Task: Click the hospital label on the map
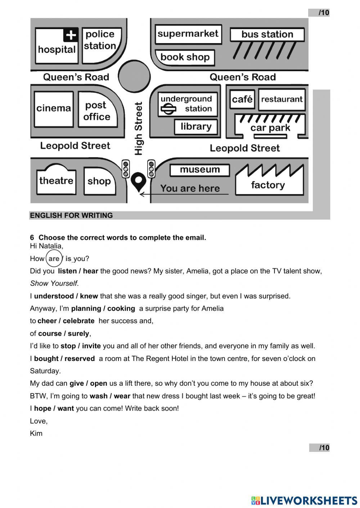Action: [57, 49]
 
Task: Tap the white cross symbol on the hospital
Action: [71, 35]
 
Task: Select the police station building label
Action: [100, 40]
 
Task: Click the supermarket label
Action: [188, 34]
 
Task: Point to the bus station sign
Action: [267, 35]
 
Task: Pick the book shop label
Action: [185, 57]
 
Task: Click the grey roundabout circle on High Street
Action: [134, 76]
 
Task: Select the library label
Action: [196, 127]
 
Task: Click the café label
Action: [242, 99]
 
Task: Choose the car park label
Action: [270, 128]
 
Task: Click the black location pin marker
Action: [138, 181]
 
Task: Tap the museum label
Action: [199, 170]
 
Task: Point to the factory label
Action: [268, 185]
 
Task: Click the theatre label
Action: [56, 180]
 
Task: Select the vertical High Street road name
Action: [139, 129]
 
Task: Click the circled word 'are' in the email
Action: [54, 258]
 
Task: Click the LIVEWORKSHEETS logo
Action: [304, 500]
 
